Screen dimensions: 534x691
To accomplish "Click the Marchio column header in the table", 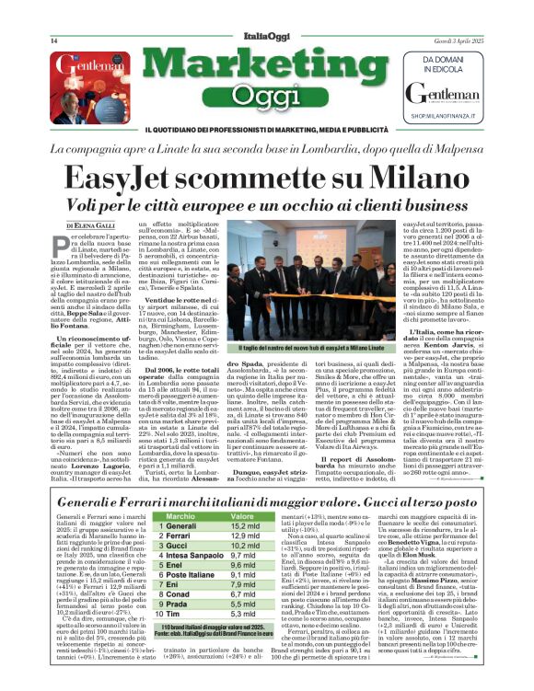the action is [180, 517].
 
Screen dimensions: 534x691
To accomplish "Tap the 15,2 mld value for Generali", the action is [245, 527].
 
